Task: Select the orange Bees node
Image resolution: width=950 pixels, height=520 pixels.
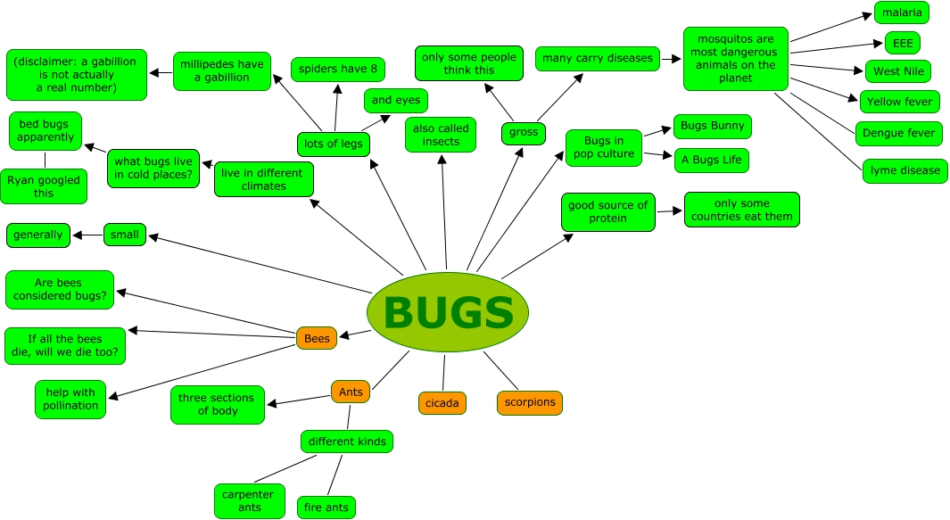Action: pyautogui.click(x=317, y=338)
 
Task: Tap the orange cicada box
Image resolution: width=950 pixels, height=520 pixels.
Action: pyautogui.click(x=442, y=403)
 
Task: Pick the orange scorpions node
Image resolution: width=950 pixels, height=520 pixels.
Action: pyautogui.click(x=530, y=402)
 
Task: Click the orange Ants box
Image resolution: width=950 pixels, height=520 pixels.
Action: pyautogui.click(x=350, y=392)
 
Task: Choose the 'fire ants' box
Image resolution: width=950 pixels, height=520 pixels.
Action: pyautogui.click(x=326, y=508)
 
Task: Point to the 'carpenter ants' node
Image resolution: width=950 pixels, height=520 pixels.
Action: pyautogui.click(x=250, y=501)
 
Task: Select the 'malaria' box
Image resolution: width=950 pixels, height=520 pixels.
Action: pyautogui.click(x=901, y=12)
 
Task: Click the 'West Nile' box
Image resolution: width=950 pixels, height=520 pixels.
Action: pyautogui.click(x=898, y=71)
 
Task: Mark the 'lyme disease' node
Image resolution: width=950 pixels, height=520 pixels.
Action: pyautogui.click(x=905, y=170)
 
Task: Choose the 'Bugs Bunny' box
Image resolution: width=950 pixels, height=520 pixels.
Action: pyautogui.click(x=712, y=126)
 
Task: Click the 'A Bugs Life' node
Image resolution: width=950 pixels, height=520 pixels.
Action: pyautogui.click(x=711, y=161)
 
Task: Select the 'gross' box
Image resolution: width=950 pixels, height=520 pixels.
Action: pyautogui.click(x=524, y=132)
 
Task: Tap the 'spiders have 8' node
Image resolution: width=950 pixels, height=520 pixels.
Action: pyautogui.click(x=338, y=69)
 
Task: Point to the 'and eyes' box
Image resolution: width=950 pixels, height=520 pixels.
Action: pyautogui.click(x=396, y=100)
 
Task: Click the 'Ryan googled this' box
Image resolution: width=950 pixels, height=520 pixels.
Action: pyautogui.click(x=44, y=186)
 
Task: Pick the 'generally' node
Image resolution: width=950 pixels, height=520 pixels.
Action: pyautogui.click(x=38, y=235)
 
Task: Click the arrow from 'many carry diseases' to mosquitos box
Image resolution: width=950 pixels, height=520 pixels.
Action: pyautogui.click(x=671, y=59)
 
